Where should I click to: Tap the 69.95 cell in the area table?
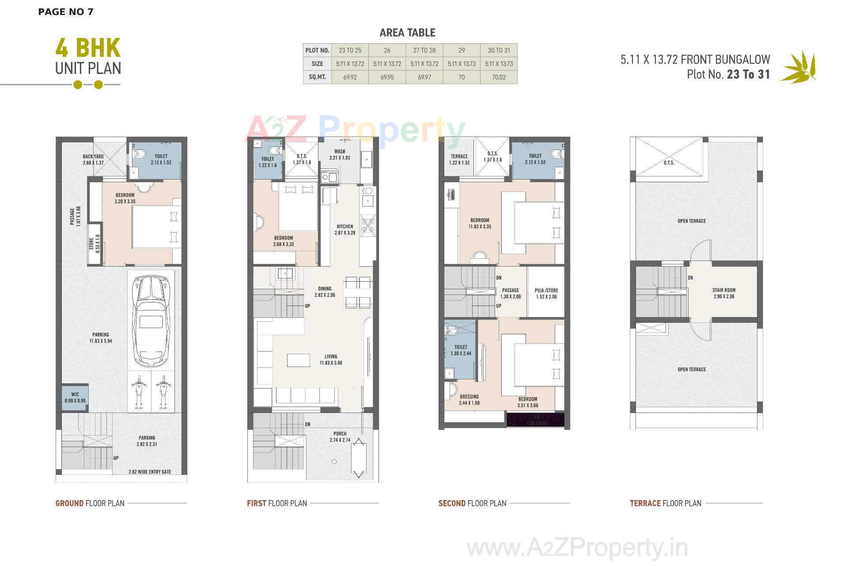pyautogui.click(x=387, y=77)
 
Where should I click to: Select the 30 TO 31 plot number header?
pyautogui.click(x=499, y=50)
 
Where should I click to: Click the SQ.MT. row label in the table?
pyautogui.click(x=317, y=77)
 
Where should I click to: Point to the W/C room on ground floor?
pyautogui.click(x=75, y=397)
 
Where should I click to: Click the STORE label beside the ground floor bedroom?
pyautogui.click(x=95, y=244)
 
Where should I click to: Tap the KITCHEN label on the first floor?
pyautogui.click(x=345, y=226)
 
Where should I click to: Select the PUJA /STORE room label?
pyautogui.click(x=546, y=291)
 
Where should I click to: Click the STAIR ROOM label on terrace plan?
pyautogui.click(x=724, y=291)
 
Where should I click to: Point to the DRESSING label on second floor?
pyautogui.click(x=469, y=397)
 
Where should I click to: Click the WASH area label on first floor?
pyautogui.click(x=340, y=151)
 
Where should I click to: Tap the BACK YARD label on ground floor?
pyautogui.click(x=93, y=157)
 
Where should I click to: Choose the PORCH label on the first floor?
pyautogui.click(x=340, y=434)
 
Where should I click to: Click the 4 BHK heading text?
pyautogui.click(x=88, y=49)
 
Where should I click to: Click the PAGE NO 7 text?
pyautogui.click(x=66, y=12)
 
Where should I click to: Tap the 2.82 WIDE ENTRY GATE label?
pyautogui.click(x=150, y=472)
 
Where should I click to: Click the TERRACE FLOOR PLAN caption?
pyautogui.click(x=666, y=503)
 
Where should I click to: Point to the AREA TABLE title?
pyautogui.click(x=407, y=33)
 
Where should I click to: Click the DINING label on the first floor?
pyautogui.click(x=325, y=289)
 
